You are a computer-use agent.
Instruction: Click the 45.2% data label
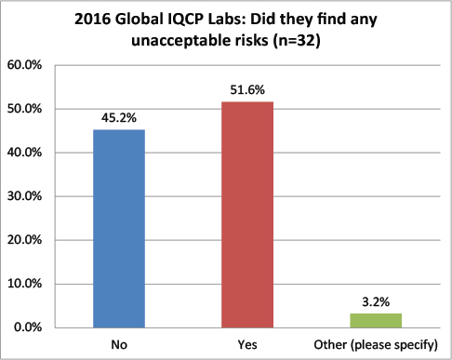pos(118,119)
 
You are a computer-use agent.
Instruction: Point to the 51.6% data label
pos(248,91)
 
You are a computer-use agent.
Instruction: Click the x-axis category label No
pos(118,345)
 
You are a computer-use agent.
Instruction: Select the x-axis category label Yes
pos(248,345)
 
